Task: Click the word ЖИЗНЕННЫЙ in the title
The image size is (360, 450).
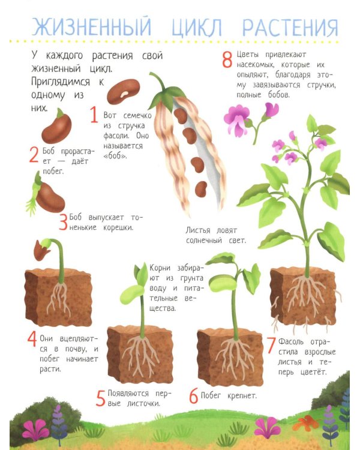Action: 91,26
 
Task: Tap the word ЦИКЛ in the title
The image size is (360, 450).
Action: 197,28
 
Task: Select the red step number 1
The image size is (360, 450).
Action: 94,115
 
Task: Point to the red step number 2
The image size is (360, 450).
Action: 34,154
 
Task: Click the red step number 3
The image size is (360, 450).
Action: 63,221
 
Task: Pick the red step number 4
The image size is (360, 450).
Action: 32,339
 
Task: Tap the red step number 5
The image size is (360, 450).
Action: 100,398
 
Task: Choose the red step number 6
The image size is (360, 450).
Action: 194,395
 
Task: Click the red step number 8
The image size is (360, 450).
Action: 227,59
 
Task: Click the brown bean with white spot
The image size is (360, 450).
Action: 124,91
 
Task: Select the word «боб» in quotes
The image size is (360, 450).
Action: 115,155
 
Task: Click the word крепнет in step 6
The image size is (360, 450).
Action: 242,396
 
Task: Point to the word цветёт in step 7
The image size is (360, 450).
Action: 313,372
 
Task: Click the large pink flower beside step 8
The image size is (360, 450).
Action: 236,121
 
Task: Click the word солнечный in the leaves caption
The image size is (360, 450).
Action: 204,240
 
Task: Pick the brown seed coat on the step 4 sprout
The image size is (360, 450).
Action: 40,251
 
